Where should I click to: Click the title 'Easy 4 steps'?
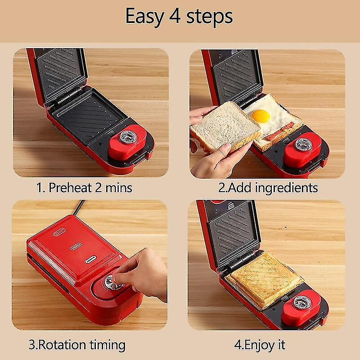click(179, 16)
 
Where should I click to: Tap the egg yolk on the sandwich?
click(261, 116)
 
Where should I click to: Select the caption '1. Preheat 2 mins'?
click(84, 187)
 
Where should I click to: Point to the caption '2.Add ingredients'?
click(268, 187)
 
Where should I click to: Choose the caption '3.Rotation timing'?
click(77, 345)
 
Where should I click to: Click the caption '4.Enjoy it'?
click(260, 345)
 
